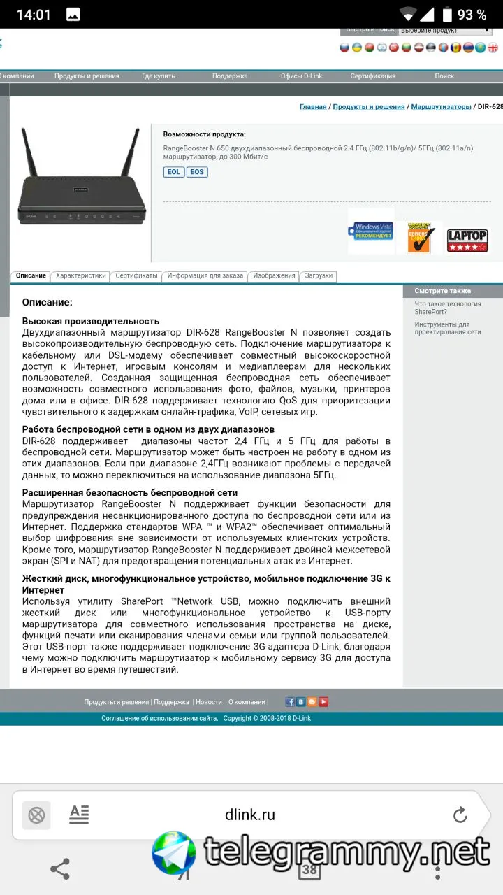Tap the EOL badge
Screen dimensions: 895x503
pyautogui.click(x=174, y=172)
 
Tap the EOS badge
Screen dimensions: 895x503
pyautogui.click(x=197, y=172)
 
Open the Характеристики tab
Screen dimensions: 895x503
pyautogui.click(x=81, y=276)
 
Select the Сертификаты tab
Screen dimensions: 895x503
pyautogui.click(x=137, y=276)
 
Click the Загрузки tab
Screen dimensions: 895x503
pyautogui.click(x=319, y=276)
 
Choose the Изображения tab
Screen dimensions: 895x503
pyautogui.click(x=274, y=276)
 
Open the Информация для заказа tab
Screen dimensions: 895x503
pyautogui.click(x=205, y=276)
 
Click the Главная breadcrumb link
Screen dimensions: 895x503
pyautogui.click(x=313, y=107)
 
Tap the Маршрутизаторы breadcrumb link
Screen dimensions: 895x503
pyautogui.click(x=441, y=107)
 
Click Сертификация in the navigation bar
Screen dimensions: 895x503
pyautogui.click(x=372, y=76)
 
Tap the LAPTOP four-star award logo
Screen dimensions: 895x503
pyautogui.click(x=467, y=240)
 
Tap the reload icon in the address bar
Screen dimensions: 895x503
pyautogui.click(x=460, y=815)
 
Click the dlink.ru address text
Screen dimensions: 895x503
pyautogui.click(x=250, y=815)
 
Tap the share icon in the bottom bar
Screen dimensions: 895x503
pyautogui.click(x=60, y=869)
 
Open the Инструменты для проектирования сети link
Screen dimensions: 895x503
pyautogui.click(x=447, y=328)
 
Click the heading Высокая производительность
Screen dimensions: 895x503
pyautogui.click(x=91, y=321)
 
